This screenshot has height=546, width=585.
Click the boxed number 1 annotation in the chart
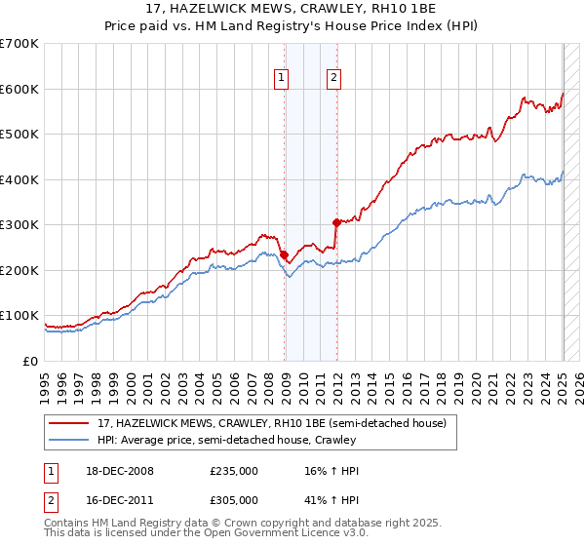tap(281, 79)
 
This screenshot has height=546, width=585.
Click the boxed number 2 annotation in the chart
tap(333, 79)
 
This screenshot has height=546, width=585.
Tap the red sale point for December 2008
tap(285, 255)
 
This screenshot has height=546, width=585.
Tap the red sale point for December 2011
tap(336, 223)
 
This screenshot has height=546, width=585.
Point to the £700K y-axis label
tap(19, 44)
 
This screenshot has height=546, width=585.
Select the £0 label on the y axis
tap(30, 362)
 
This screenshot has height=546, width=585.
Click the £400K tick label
tap(19, 179)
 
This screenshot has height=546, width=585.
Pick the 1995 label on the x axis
tap(45, 388)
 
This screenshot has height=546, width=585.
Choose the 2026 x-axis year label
tap(579, 388)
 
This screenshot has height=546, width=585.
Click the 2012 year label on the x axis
tap(338, 388)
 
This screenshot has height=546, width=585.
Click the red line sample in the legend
tap(68, 423)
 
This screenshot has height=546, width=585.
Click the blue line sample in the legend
tap(68, 440)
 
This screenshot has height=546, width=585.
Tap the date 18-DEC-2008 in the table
tap(120, 471)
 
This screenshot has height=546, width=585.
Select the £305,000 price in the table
tap(234, 500)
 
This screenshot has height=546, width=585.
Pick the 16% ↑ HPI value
tap(331, 471)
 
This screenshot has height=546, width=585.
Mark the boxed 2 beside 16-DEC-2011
tap(51, 502)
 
